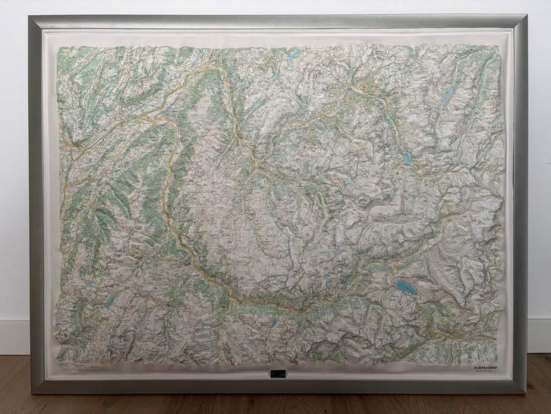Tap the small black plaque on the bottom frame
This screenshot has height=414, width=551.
coord(275,375)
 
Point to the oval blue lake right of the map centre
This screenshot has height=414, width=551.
coord(408,159)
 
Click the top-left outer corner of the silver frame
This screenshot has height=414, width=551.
coord(29,16)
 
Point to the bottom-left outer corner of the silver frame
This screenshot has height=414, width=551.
coord(31,393)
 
